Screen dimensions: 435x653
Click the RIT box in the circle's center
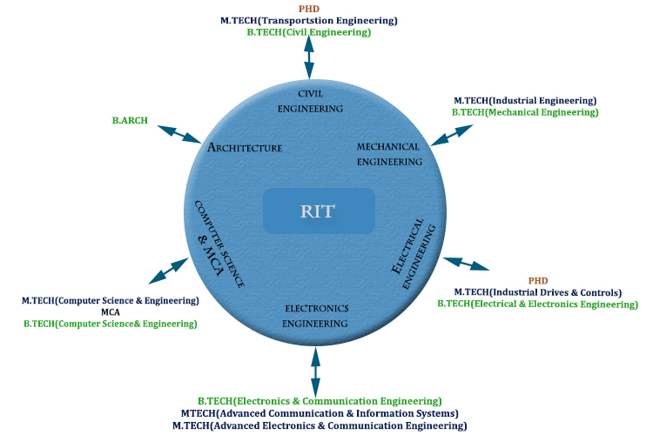click(319, 211)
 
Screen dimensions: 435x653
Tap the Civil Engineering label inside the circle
click(311, 101)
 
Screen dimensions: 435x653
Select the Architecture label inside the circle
click(245, 147)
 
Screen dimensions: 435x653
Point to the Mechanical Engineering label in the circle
click(389, 153)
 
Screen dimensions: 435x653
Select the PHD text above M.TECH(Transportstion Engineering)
click(309, 9)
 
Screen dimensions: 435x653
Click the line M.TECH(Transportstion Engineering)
click(309, 20)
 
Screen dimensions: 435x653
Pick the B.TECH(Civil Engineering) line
click(309, 32)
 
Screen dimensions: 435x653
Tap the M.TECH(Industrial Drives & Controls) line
click(538, 292)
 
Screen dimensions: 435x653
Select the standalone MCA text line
click(111, 311)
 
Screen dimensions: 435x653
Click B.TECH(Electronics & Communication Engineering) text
click(320, 401)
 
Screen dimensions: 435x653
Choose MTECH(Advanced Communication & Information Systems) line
click(320, 413)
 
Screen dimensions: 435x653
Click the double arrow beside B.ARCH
click(178, 133)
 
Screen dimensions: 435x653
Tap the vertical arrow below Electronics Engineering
click(315, 369)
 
